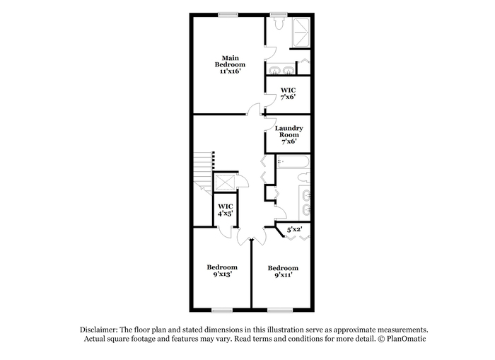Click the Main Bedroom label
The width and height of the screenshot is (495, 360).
click(x=230, y=62)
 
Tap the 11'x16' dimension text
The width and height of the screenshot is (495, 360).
click(x=230, y=71)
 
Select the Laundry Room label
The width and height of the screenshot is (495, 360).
click(x=289, y=132)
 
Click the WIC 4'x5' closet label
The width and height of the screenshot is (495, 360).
click(x=226, y=210)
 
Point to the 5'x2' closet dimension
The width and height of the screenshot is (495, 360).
click(x=294, y=230)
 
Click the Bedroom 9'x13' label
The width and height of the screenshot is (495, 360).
click(x=222, y=271)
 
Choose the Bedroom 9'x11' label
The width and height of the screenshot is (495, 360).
click(x=283, y=272)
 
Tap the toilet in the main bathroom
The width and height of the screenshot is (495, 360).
click(x=279, y=23)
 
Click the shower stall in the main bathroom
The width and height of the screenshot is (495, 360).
click(x=301, y=33)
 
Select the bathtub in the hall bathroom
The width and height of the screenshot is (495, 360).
click(x=293, y=162)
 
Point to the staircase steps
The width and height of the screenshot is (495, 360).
click(x=203, y=172)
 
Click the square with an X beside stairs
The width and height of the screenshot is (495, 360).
click(x=225, y=182)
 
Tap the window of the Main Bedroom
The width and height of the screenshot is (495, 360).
click(x=228, y=14)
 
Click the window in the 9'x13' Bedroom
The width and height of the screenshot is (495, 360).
click(x=222, y=310)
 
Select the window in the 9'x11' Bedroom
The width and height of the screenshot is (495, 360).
click(x=280, y=310)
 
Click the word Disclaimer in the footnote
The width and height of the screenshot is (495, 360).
click(x=99, y=330)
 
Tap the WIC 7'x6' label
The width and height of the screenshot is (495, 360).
click(x=288, y=94)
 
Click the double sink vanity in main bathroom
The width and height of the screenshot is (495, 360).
click(x=280, y=70)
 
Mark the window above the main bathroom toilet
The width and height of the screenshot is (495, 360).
click(x=279, y=14)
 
